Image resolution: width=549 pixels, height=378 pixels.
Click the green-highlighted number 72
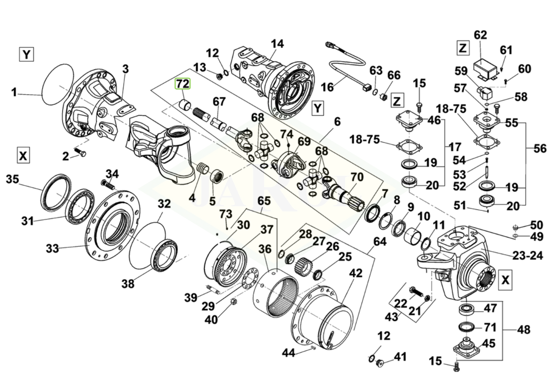click(x=183, y=84)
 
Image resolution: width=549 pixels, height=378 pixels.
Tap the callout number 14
click(x=277, y=44)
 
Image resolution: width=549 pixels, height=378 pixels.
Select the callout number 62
click(x=480, y=35)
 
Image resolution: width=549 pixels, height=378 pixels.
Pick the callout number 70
click(x=356, y=177)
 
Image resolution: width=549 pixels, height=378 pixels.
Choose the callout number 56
click(x=540, y=149)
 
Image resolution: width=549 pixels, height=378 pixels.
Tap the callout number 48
click(x=523, y=329)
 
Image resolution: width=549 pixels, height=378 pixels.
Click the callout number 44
click(x=288, y=352)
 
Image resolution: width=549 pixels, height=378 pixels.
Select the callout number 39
click(x=191, y=297)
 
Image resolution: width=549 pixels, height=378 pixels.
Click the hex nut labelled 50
click(x=516, y=227)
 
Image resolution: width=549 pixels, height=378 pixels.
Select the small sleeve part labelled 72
click(x=185, y=106)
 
